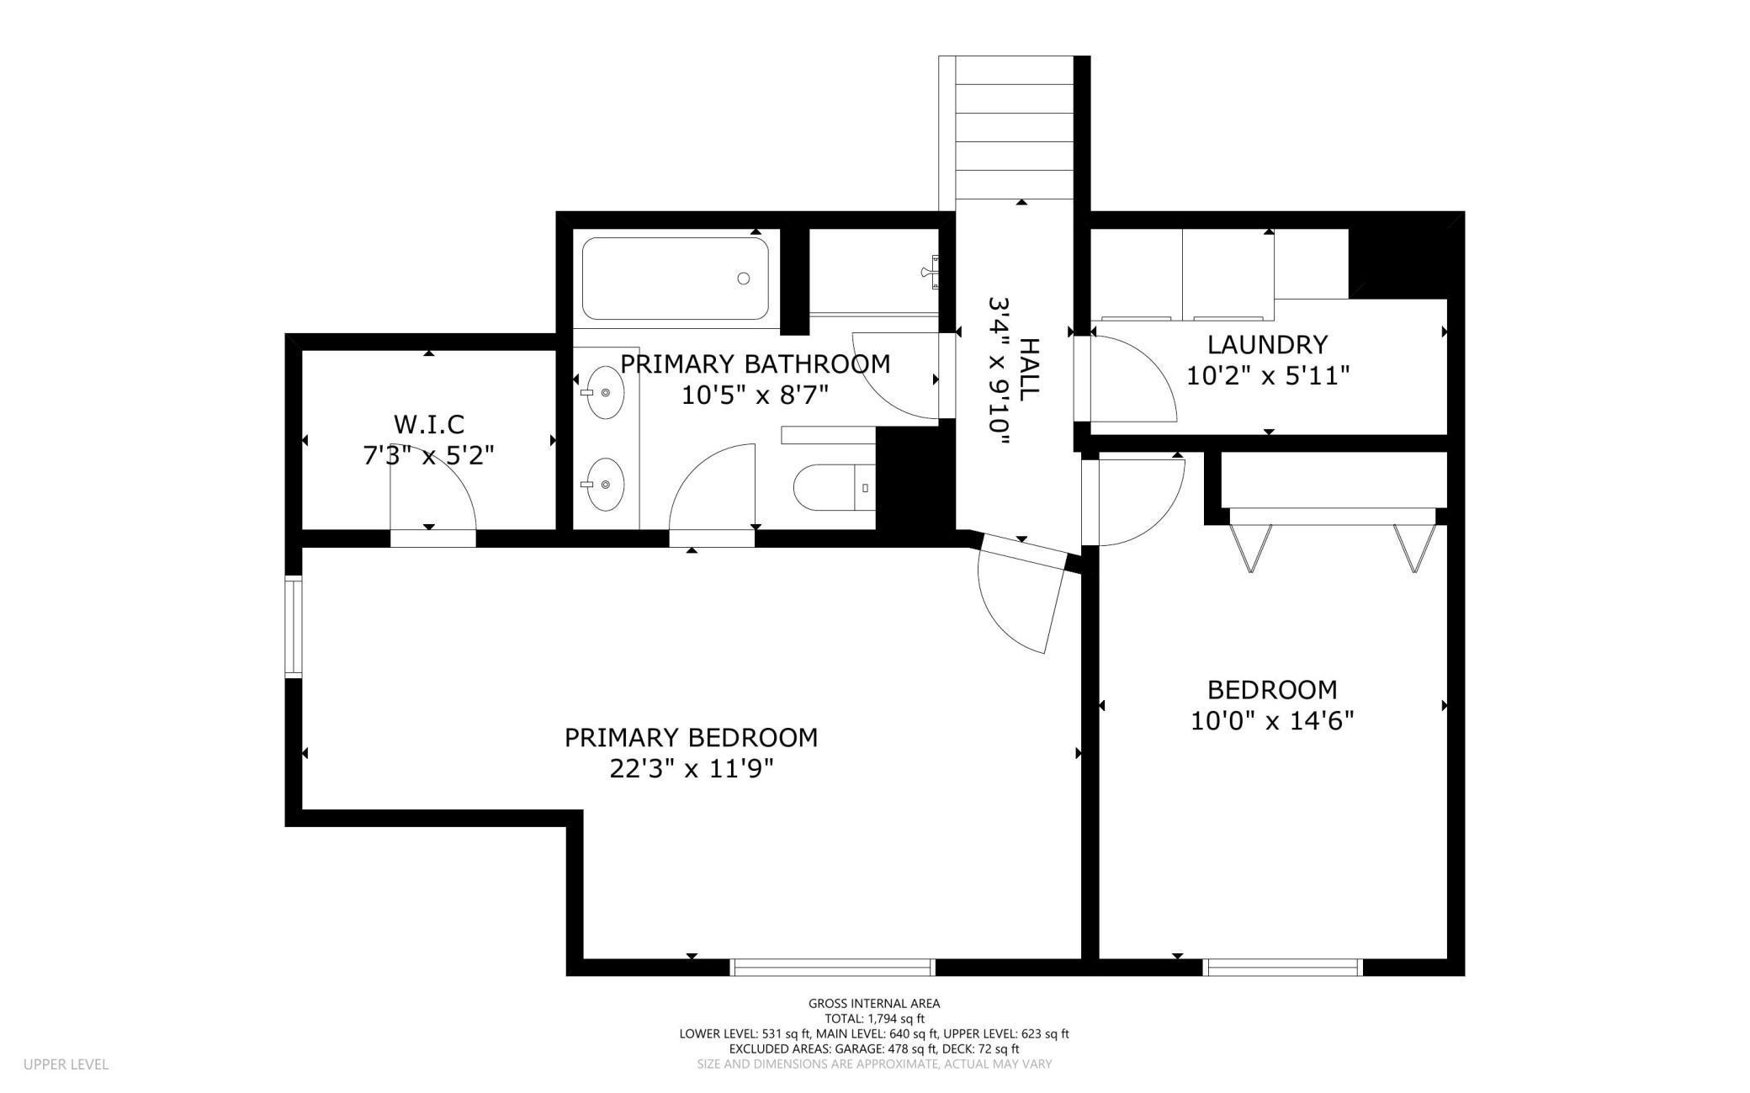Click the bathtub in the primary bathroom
click(x=675, y=279)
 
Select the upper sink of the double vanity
click(x=604, y=392)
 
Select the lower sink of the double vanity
click(x=604, y=484)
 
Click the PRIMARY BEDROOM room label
click(x=691, y=738)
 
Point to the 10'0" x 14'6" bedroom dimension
click(x=1271, y=721)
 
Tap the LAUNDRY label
click(x=1267, y=345)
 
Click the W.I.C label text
click(x=428, y=424)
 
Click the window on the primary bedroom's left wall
click(x=293, y=627)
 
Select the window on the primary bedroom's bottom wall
click(x=832, y=968)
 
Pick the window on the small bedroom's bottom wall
click(x=1282, y=968)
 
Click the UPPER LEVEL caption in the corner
click(x=66, y=1064)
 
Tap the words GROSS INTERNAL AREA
click(x=874, y=1003)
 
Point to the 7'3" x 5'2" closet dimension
click(x=428, y=456)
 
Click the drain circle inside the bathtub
click(x=744, y=279)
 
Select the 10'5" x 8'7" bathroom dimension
click(x=756, y=395)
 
